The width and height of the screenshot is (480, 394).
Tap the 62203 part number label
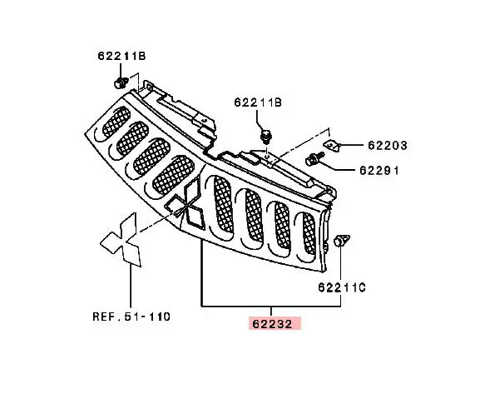point(384,145)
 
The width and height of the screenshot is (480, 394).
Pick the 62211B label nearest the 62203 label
point(259,103)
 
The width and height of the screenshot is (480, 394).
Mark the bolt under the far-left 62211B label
point(120,82)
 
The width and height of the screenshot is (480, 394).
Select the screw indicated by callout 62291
point(315,158)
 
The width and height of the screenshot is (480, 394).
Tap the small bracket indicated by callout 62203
point(332,145)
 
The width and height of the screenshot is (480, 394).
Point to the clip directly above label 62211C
point(341,242)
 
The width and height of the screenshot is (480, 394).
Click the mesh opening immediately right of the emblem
point(223,204)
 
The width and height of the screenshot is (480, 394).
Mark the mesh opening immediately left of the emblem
point(171,174)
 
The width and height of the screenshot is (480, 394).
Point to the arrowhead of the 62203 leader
point(343,145)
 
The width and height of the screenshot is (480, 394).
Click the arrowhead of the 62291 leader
point(326,162)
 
